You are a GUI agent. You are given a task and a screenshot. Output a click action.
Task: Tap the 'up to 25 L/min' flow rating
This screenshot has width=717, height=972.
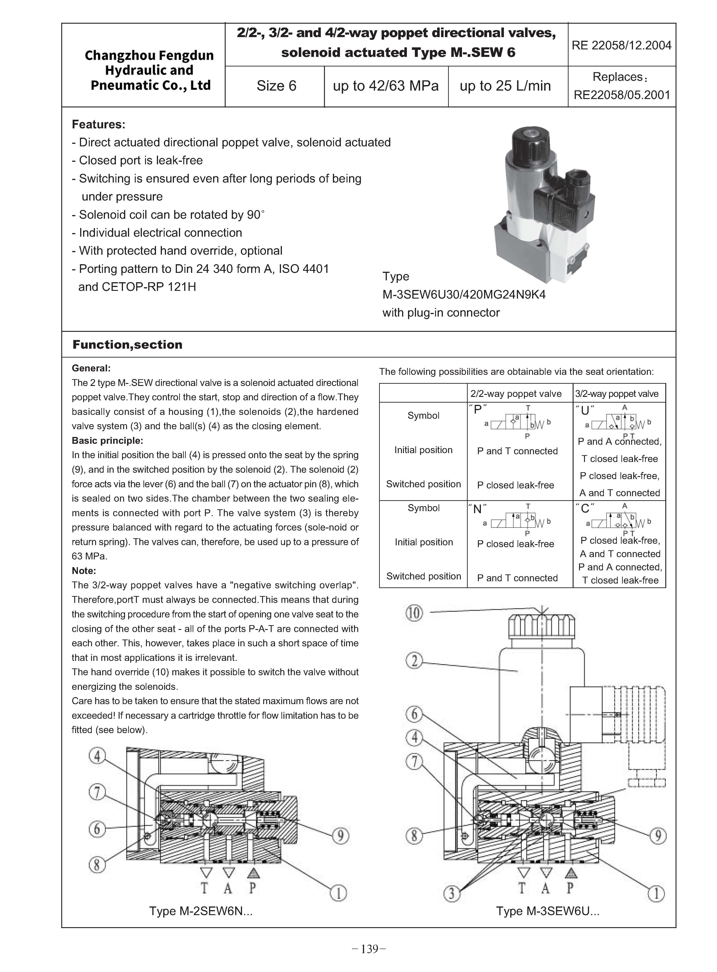point(505,86)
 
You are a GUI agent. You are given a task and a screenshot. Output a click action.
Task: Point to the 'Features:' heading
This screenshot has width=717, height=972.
point(99,124)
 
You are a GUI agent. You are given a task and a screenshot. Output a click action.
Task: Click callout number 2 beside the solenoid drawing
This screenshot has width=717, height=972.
point(414,661)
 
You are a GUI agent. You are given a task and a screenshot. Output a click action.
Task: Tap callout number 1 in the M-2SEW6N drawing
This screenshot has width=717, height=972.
point(339,893)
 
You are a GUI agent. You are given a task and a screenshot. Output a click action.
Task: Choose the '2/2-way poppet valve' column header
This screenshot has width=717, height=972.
point(516,394)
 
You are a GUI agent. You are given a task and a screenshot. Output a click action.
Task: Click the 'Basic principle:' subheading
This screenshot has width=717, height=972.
point(107,441)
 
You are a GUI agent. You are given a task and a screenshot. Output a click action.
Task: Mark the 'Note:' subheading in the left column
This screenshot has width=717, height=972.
point(84,571)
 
